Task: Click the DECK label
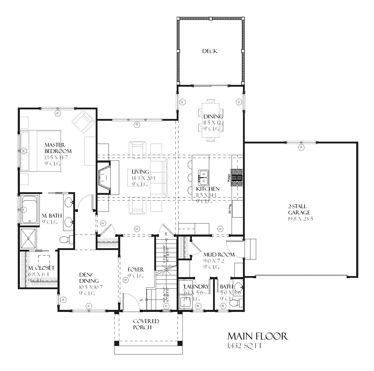(x=210, y=51)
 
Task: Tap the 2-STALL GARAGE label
(x=299, y=209)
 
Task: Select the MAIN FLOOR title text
(x=257, y=336)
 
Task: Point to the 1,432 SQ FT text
(x=244, y=346)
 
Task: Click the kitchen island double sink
(x=203, y=178)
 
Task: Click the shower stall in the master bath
(x=29, y=238)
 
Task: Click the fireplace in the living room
(x=104, y=178)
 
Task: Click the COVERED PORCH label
(x=146, y=324)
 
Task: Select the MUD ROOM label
(x=219, y=255)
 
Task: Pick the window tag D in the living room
(x=136, y=125)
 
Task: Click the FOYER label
(x=136, y=270)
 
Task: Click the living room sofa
(x=159, y=178)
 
